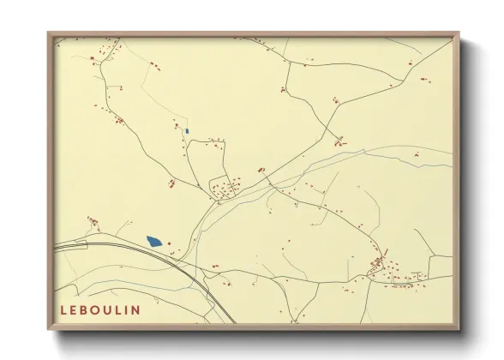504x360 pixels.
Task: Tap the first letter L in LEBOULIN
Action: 64,309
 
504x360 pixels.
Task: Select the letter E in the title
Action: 75,309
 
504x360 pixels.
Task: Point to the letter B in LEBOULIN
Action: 87,309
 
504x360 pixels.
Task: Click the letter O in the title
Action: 99,309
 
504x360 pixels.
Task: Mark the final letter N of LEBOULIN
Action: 139,309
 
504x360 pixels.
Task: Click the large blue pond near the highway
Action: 154,242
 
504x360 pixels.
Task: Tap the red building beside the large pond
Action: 169,243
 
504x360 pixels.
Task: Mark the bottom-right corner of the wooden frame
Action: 457,327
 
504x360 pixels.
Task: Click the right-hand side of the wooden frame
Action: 455,180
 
